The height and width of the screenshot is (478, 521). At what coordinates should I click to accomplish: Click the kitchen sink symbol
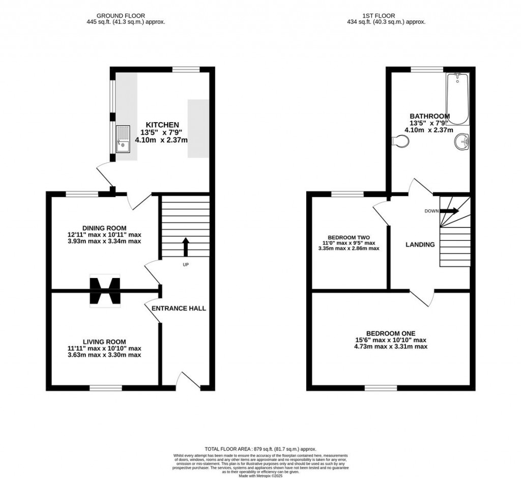tap(124, 139)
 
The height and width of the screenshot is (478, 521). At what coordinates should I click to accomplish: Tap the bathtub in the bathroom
tap(457, 99)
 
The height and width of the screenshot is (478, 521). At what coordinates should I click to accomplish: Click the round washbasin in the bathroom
tap(462, 142)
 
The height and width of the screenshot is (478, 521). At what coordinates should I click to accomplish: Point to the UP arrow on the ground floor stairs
tap(185, 247)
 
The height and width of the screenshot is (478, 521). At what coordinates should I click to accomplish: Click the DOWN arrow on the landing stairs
tap(449, 211)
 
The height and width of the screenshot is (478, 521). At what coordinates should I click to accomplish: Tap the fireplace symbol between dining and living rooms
tap(105, 291)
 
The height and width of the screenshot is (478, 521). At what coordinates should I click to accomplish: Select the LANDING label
tap(420, 245)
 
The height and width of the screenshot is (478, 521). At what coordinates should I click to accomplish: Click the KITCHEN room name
tap(162, 125)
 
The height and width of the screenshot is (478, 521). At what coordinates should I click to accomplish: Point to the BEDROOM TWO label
tap(349, 237)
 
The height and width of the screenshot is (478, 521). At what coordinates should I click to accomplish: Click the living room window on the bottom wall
tap(106, 388)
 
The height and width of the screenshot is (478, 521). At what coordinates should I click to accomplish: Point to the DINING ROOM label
tap(104, 228)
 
